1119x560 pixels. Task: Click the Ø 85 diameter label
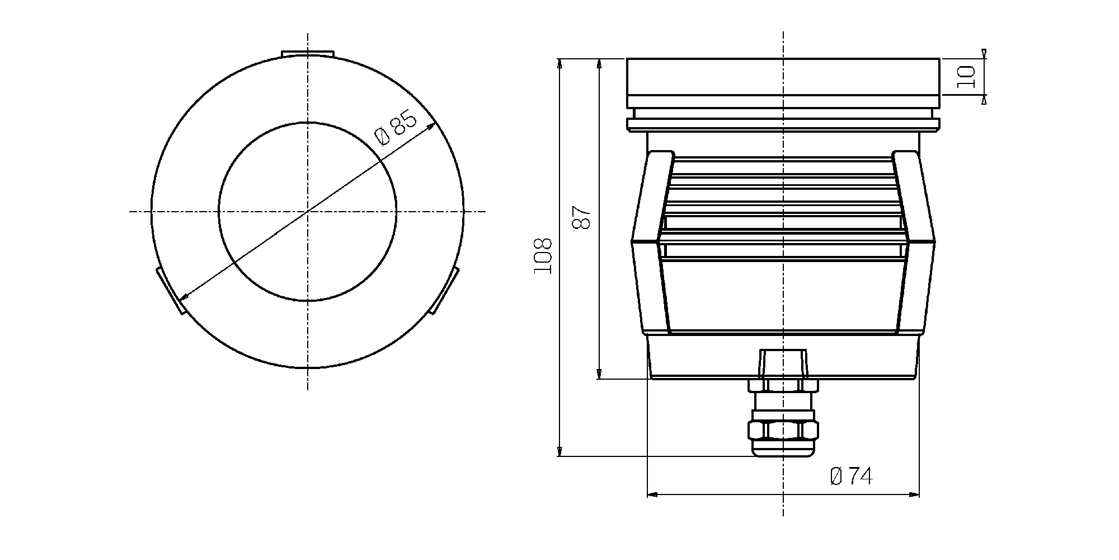[x=396, y=129]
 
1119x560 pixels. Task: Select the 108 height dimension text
[x=543, y=256]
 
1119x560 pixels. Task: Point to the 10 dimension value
[x=966, y=77]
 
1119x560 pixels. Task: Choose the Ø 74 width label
[x=851, y=477]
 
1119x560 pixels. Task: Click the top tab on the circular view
[x=308, y=53]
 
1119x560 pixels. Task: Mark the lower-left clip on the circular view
[x=171, y=291]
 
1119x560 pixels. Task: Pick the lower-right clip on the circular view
[x=444, y=290]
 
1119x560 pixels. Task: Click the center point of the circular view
[x=308, y=212]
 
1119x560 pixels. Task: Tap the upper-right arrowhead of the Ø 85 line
[x=431, y=127]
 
